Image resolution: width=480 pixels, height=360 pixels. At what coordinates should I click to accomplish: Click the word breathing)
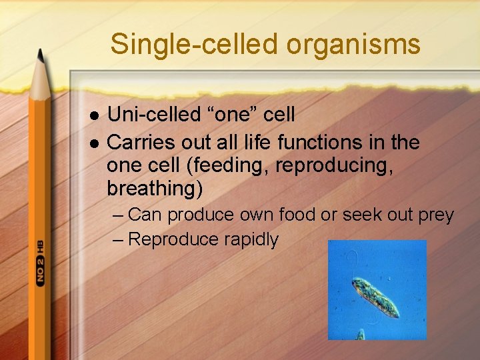[x=154, y=189]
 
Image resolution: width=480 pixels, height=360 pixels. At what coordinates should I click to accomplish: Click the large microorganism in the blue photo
[x=375, y=296]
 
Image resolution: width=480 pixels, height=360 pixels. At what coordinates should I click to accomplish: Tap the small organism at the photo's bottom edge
[x=360, y=334]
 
